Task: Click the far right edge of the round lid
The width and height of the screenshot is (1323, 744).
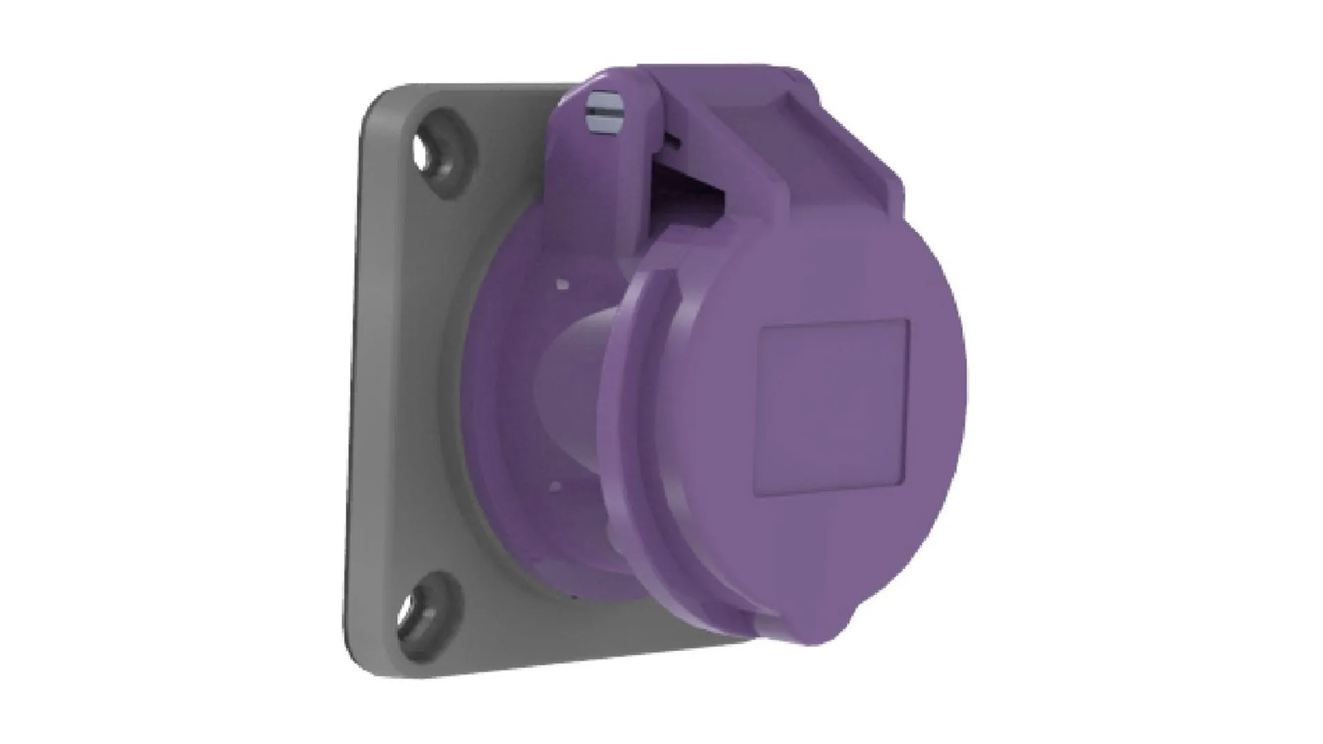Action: (x=963, y=386)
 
